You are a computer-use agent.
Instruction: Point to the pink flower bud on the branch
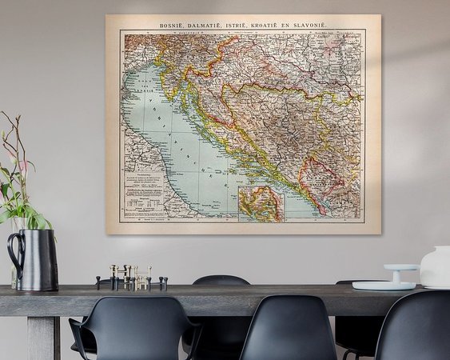23,166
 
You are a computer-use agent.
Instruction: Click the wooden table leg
42,336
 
